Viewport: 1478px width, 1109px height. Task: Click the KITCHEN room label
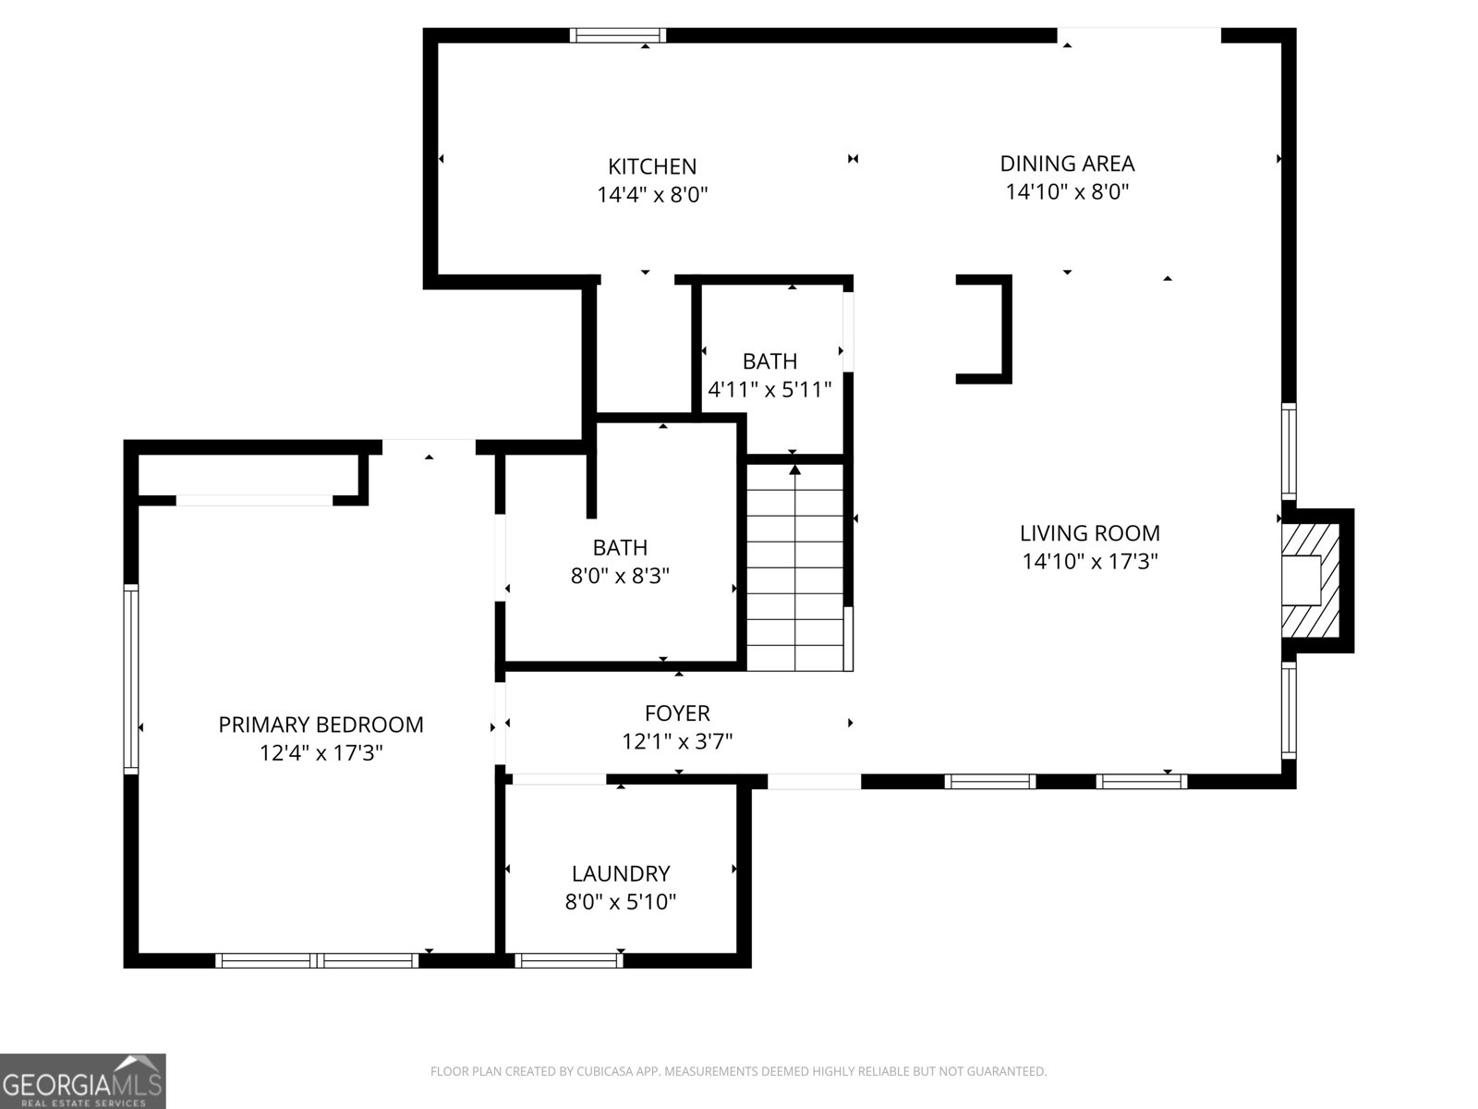(x=652, y=166)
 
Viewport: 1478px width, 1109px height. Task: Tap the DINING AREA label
(x=1067, y=164)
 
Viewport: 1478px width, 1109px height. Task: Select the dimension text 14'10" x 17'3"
(x=1090, y=561)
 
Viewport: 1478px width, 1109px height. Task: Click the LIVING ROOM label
(x=1090, y=532)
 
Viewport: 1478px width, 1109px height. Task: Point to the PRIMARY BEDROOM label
(x=321, y=725)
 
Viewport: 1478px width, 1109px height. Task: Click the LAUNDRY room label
(x=621, y=873)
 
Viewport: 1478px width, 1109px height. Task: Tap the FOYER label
(x=677, y=713)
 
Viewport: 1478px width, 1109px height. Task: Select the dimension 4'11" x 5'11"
(x=769, y=390)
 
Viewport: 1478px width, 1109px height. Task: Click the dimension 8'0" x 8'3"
(x=620, y=577)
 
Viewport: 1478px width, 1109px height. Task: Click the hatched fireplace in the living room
(x=1310, y=580)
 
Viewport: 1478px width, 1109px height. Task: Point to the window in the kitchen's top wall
(x=617, y=36)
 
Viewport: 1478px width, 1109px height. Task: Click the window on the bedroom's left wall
(x=131, y=679)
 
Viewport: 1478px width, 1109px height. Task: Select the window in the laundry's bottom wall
(x=568, y=961)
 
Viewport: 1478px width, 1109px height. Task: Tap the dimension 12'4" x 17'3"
(x=321, y=753)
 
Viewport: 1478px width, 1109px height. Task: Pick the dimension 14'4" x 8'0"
(x=652, y=195)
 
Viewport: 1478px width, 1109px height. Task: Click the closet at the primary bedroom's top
(x=248, y=475)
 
